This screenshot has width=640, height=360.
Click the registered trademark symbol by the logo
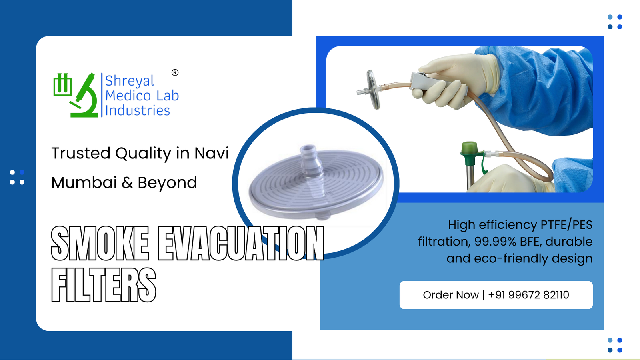[x=175, y=72]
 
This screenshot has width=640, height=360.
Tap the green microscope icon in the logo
[x=85, y=96]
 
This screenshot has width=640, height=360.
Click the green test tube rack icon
[x=62, y=85]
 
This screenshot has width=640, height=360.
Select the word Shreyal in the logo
[x=129, y=81]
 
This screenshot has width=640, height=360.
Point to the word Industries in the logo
[x=138, y=110]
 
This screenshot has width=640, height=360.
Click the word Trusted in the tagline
[x=81, y=153]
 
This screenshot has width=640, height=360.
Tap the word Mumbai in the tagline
[x=84, y=183]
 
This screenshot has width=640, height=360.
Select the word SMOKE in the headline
[x=100, y=243]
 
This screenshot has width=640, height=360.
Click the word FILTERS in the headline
[x=104, y=285]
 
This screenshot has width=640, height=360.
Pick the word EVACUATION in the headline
[x=241, y=243]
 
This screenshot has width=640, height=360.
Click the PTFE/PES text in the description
[x=566, y=225]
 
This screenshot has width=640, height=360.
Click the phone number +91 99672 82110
[x=528, y=295]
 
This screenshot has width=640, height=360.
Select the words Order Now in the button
[x=450, y=295]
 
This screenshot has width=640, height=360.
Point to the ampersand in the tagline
[x=127, y=183]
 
